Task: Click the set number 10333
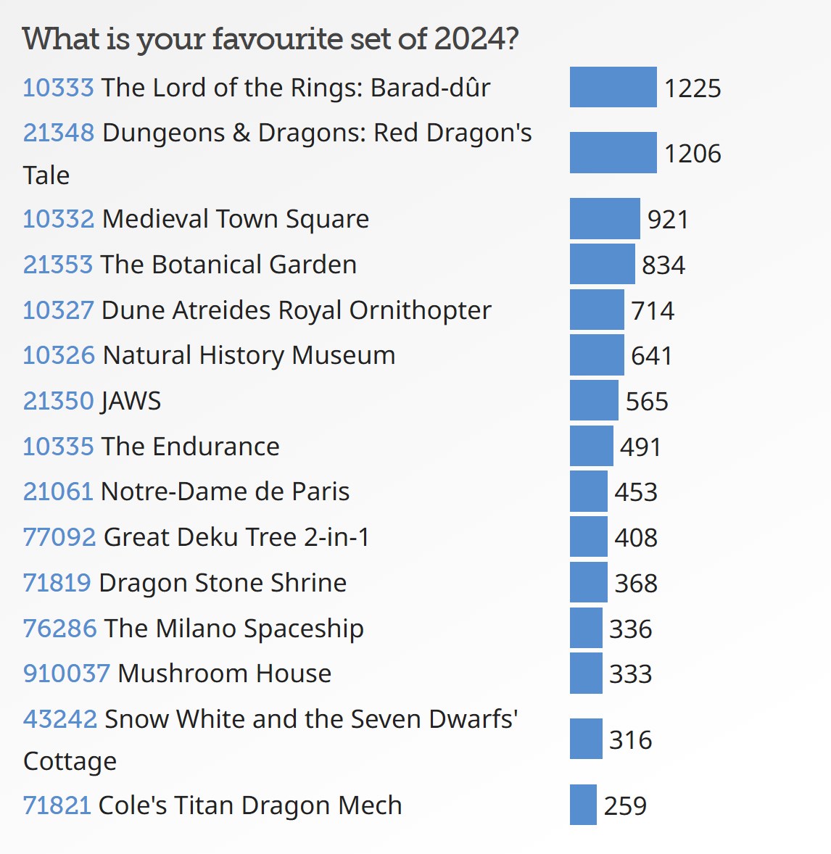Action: (58, 88)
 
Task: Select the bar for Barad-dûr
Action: (613, 87)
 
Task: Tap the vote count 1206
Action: (692, 154)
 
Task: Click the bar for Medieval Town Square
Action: (605, 218)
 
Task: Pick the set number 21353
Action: (58, 265)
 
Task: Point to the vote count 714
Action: (653, 310)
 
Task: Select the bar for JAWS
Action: (594, 400)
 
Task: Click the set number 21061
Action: (58, 492)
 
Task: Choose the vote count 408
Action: (636, 538)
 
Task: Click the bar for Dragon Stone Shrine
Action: (588, 582)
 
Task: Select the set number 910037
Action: (66, 673)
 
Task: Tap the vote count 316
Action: (630, 739)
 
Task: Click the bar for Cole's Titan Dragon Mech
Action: (583, 805)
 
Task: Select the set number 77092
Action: (59, 537)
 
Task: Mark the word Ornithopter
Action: (420, 310)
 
